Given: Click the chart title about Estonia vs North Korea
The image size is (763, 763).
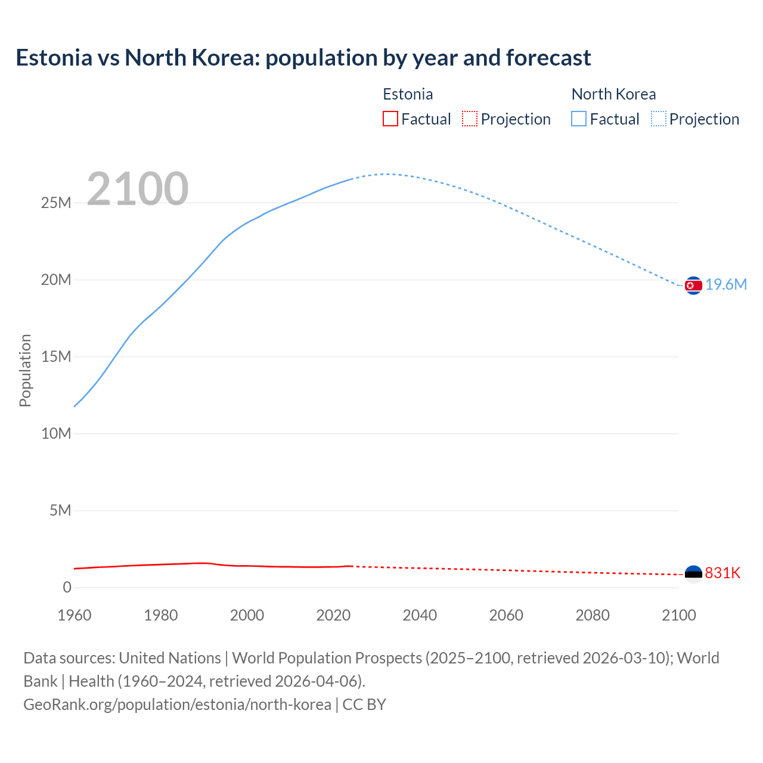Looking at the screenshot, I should (x=303, y=58).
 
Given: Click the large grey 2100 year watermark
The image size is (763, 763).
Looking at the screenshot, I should (x=138, y=189).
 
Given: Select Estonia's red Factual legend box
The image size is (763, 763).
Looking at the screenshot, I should (x=390, y=119).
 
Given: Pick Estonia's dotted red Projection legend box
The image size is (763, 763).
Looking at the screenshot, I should (x=470, y=119).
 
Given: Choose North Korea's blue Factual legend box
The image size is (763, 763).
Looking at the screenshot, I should (x=579, y=119).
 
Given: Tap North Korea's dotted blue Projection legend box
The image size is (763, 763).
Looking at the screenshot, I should (x=658, y=119).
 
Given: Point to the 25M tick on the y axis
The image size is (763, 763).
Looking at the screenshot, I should (x=56, y=203).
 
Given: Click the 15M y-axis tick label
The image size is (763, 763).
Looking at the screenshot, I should (x=56, y=356).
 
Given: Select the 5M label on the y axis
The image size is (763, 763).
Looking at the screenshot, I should (x=60, y=510).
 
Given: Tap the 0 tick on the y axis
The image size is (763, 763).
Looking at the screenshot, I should (x=67, y=587).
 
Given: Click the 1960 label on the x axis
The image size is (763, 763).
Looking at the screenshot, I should (x=75, y=615).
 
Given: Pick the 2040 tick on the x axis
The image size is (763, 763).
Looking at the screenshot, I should (x=420, y=615).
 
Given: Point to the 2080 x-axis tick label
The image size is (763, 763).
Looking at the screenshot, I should (x=593, y=615).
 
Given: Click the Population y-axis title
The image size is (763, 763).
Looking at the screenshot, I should (x=25, y=370).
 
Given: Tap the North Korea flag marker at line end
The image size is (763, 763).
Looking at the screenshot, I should (x=693, y=286).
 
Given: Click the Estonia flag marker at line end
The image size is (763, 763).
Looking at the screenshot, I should (x=693, y=574).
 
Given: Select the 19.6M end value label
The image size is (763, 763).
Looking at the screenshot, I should (x=726, y=284).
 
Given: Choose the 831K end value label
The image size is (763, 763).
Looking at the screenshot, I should (x=722, y=573).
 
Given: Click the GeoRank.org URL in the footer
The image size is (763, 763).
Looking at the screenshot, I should (x=177, y=704).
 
